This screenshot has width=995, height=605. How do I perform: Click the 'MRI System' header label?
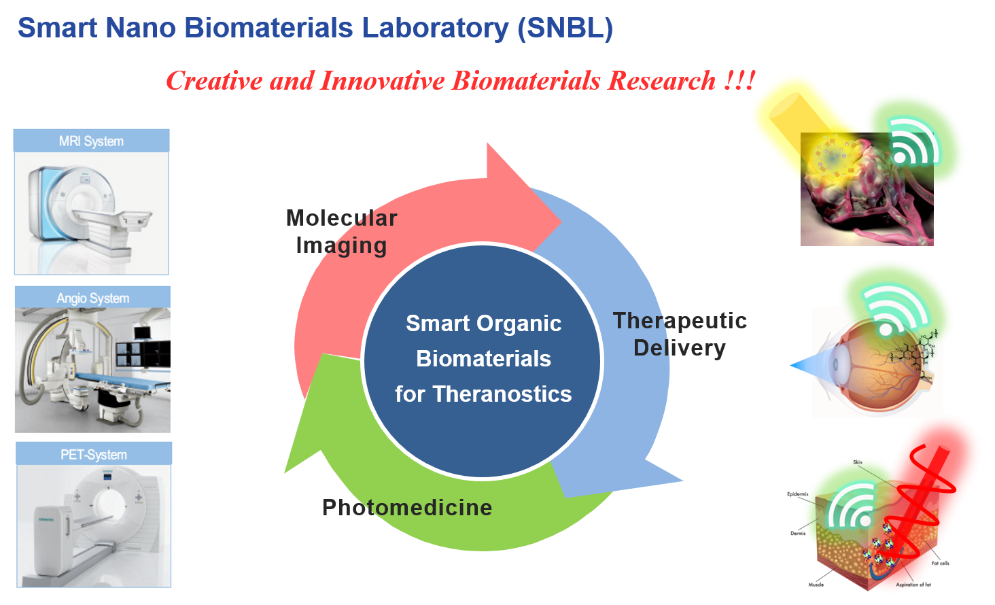(91, 141)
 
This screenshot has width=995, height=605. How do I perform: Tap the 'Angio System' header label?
(92, 298)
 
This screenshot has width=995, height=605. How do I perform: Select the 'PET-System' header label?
(94, 455)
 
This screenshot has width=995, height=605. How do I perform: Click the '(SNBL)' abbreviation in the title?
(565, 29)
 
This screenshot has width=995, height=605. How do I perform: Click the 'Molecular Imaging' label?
(341, 232)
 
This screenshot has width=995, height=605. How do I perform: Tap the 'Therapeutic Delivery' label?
(680, 334)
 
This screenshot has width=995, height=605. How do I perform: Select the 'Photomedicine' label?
(408, 507)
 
